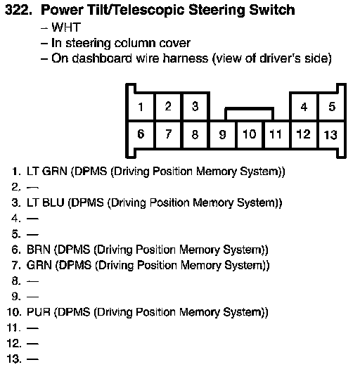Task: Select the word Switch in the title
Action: [x=272, y=10]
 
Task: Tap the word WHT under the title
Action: [x=66, y=27]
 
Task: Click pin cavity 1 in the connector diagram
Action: [x=141, y=107]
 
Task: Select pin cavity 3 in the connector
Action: [x=195, y=107]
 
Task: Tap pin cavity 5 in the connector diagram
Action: [x=332, y=107]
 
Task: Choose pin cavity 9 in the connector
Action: [x=222, y=134]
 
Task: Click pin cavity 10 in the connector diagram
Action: [x=250, y=134]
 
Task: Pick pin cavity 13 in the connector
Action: [x=331, y=134]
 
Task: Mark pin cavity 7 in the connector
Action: [x=168, y=134]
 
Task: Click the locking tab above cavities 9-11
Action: [x=249, y=109]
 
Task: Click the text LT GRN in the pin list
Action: [x=47, y=172]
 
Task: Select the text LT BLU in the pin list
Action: [x=46, y=202]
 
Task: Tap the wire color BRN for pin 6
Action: [x=39, y=250]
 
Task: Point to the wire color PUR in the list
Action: [x=39, y=312]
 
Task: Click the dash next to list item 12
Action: [x=32, y=344]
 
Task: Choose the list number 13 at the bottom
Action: [x=14, y=359]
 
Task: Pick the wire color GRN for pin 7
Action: [x=39, y=265]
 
